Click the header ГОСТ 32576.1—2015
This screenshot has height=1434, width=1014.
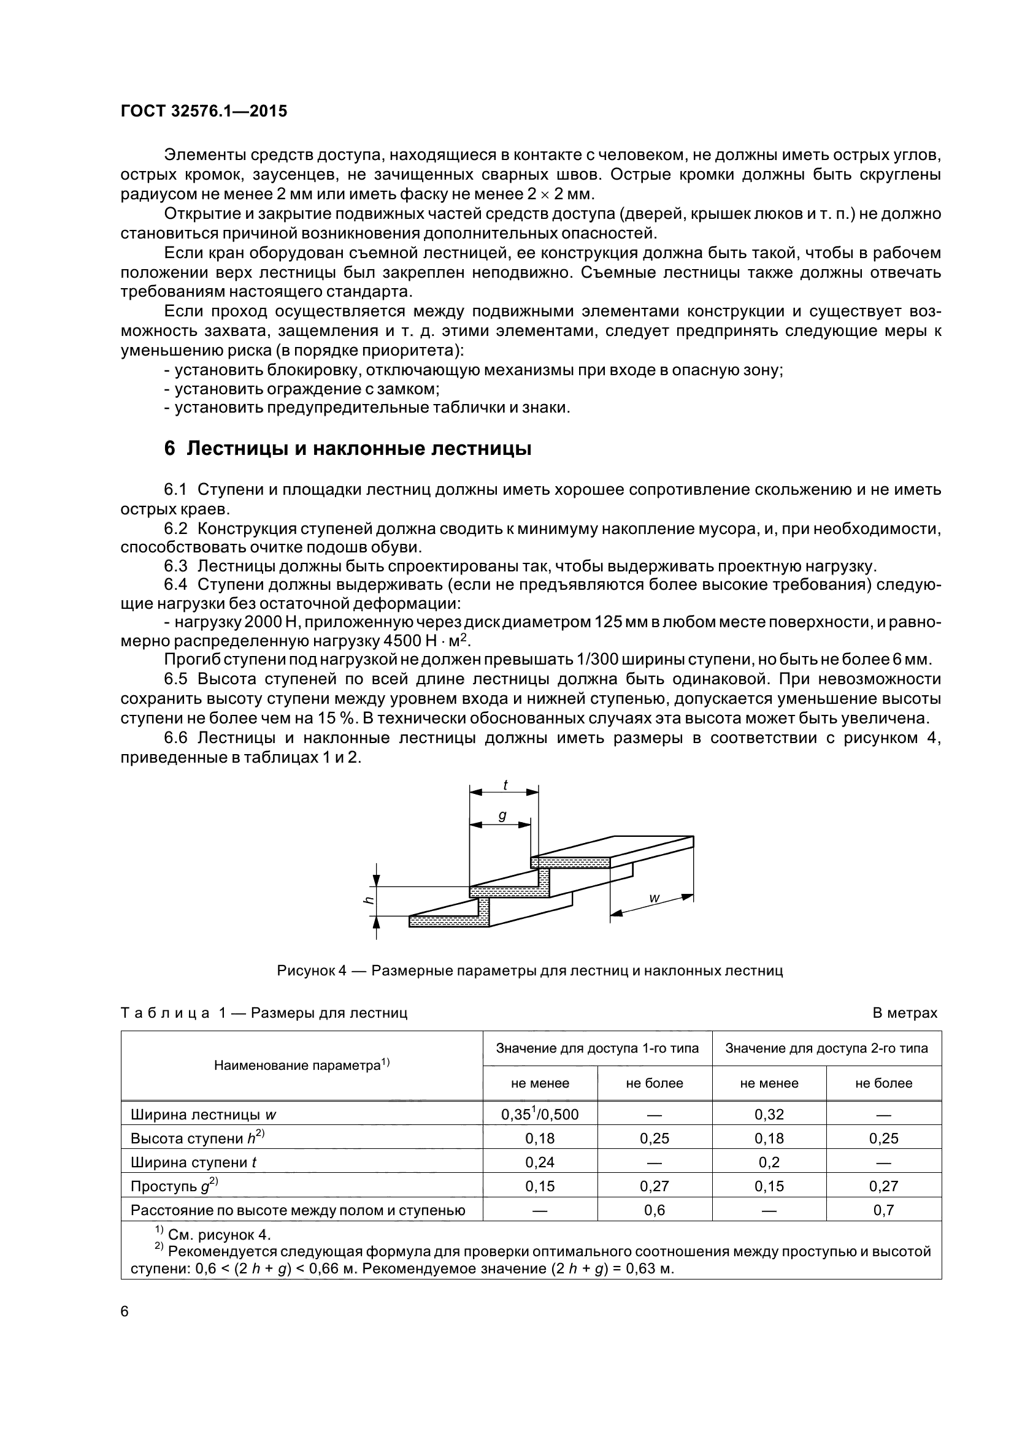[x=204, y=112]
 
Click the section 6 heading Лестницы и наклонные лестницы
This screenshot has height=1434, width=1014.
[x=347, y=448]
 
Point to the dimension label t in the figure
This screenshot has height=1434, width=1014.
[x=505, y=785]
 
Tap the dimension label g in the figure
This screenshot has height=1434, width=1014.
[x=502, y=815]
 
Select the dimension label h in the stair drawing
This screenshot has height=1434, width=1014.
[x=369, y=901]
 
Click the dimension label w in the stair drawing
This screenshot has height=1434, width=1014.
[x=655, y=898]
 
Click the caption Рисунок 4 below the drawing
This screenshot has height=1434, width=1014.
[x=529, y=971]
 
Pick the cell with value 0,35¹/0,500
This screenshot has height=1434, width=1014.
[x=540, y=1114]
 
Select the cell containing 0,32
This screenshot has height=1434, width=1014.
[x=769, y=1114]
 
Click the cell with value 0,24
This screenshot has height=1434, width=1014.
[x=540, y=1162]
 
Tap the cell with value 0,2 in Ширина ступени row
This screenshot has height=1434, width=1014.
[x=769, y=1162]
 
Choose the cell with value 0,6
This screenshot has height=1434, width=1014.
[x=654, y=1210]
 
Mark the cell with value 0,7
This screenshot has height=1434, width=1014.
[x=883, y=1210]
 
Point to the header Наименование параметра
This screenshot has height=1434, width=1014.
[x=302, y=1066]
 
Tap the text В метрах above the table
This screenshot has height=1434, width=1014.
[x=904, y=1013]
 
